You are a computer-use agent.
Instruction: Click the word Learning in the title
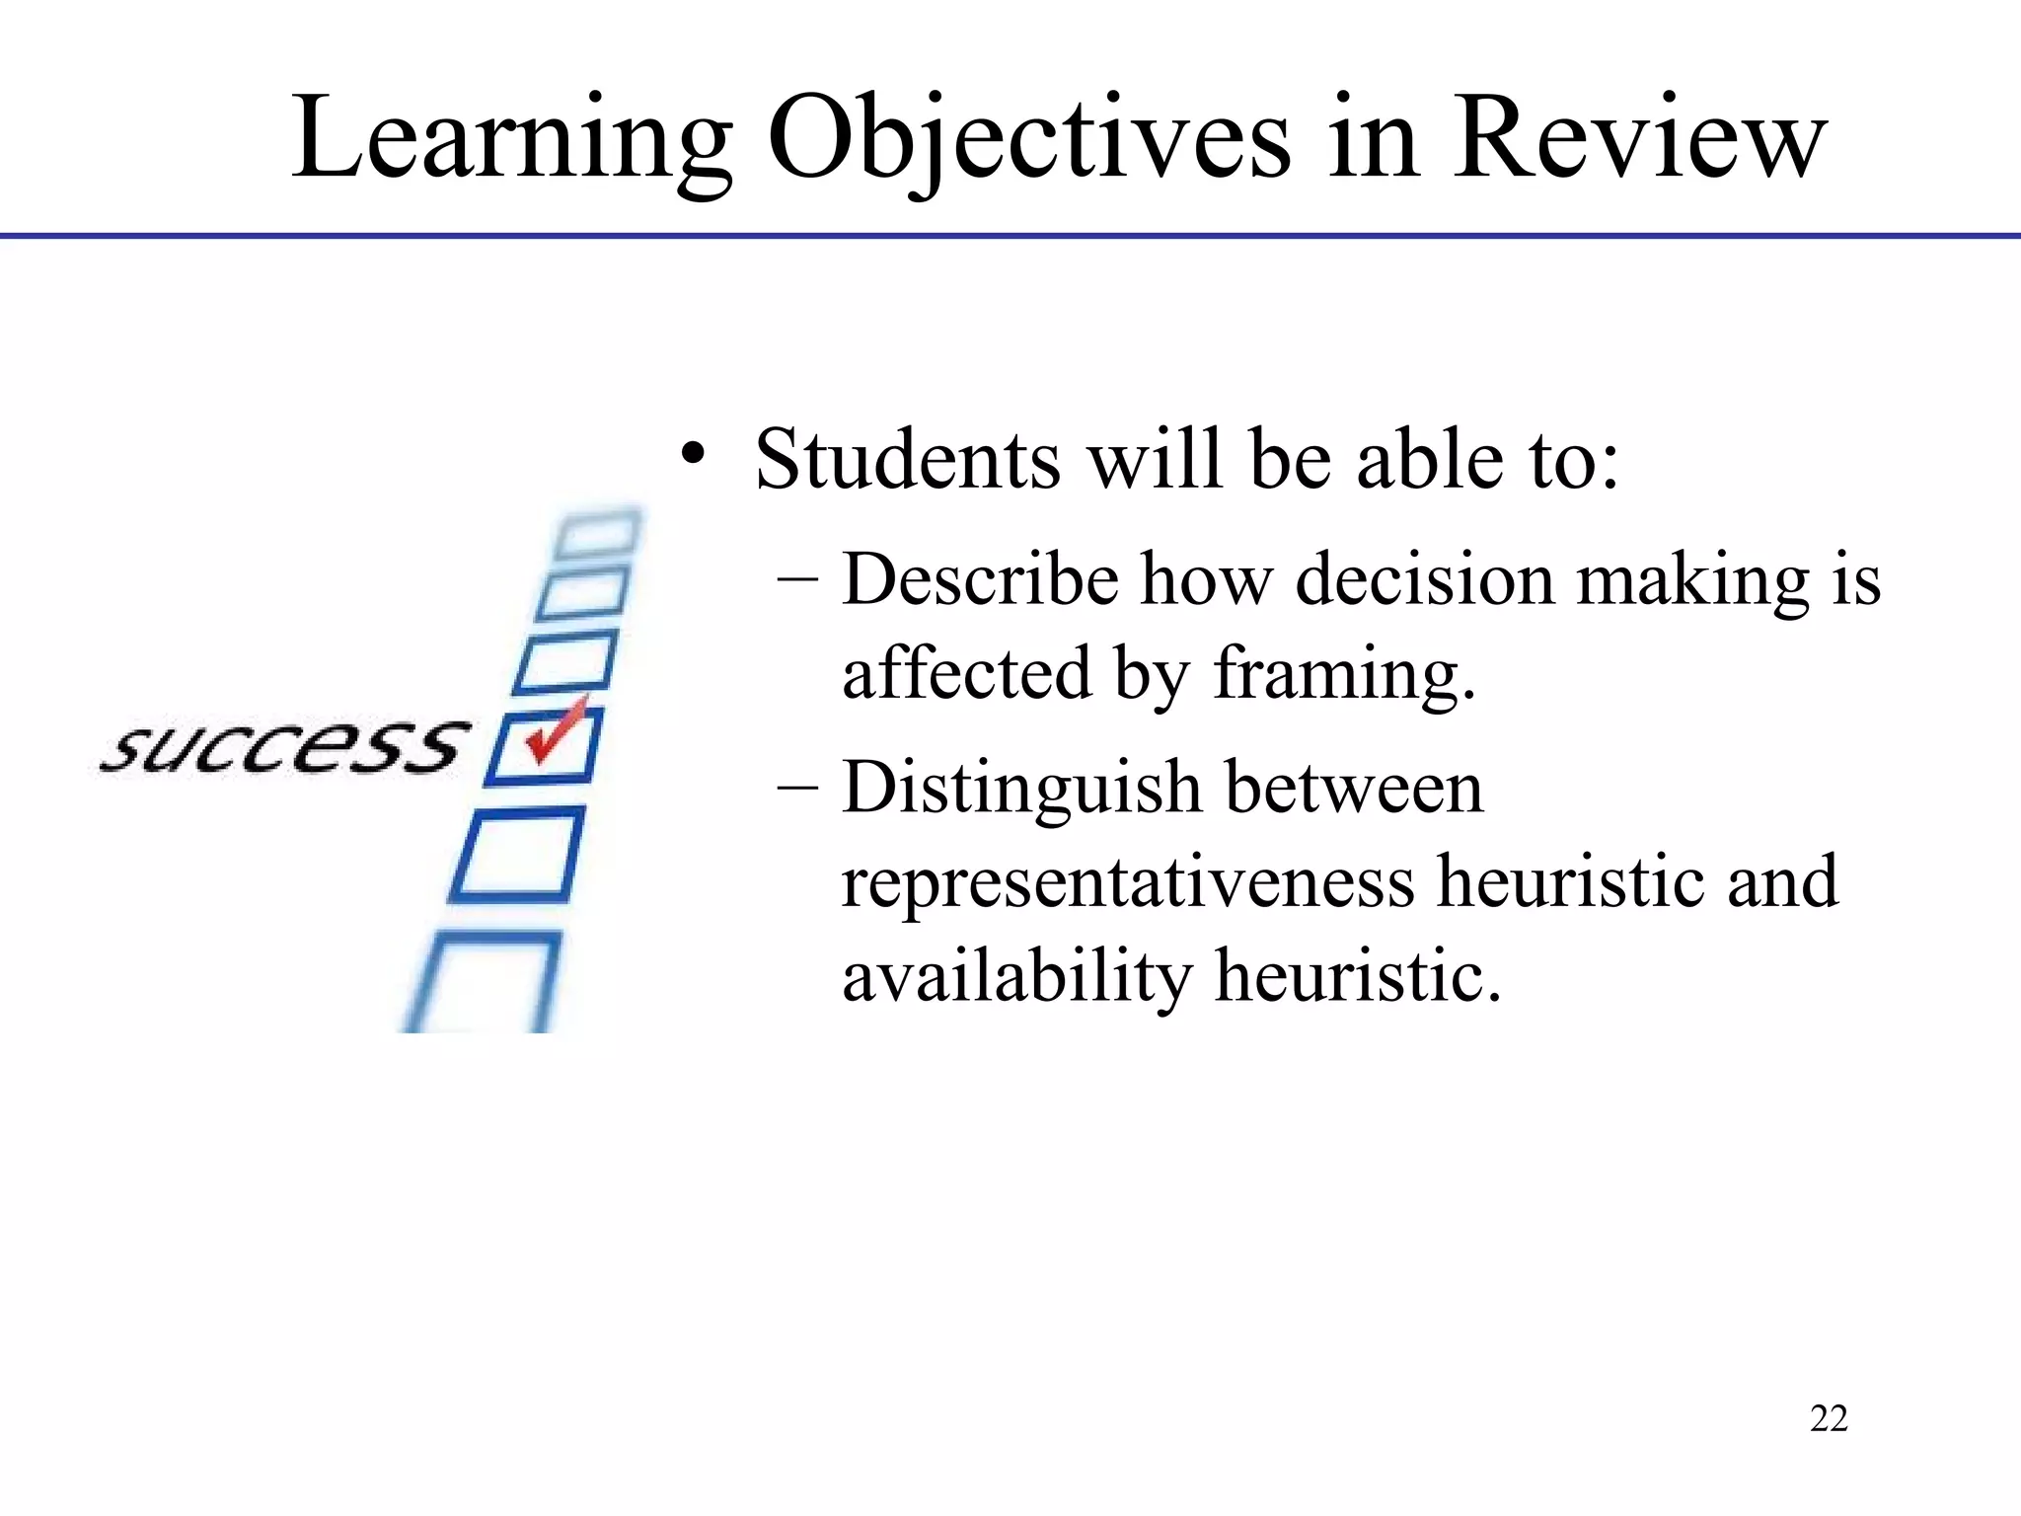[511, 138]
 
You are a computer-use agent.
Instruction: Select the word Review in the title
[1639, 138]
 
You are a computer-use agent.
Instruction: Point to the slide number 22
[1829, 1418]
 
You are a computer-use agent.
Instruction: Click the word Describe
[980, 579]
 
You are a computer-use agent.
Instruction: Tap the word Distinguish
[1020, 790]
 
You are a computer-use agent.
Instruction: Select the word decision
[1425, 579]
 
